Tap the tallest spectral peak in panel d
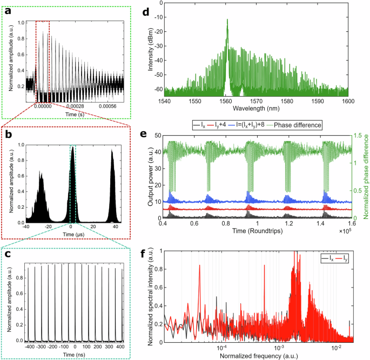pyautogui.click(x=227, y=20)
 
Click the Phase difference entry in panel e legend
pyautogui.click(x=298, y=125)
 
